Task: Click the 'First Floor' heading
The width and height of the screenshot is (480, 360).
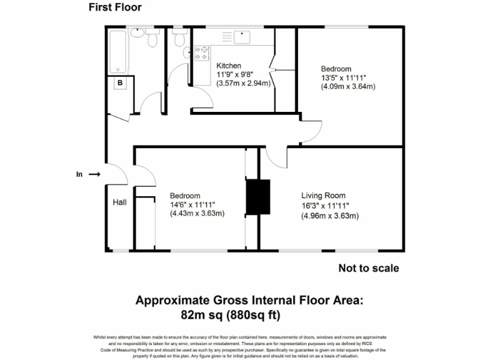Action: click(115, 7)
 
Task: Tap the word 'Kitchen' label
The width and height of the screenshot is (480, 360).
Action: click(229, 66)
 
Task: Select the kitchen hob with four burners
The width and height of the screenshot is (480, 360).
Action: click(202, 54)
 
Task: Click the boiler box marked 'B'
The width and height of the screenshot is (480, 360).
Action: click(120, 83)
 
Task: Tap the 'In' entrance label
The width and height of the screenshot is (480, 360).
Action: click(79, 175)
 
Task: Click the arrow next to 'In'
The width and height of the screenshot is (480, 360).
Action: click(94, 175)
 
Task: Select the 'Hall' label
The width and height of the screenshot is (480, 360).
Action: click(120, 202)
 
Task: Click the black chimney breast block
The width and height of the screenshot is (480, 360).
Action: click(257, 197)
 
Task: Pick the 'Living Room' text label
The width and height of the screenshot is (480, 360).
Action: click(323, 196)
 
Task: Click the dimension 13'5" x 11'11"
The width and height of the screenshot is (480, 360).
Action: click(343, 77)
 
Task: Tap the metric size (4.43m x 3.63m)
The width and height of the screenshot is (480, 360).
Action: click(197, 214)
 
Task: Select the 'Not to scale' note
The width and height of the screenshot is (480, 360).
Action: click(369, 268)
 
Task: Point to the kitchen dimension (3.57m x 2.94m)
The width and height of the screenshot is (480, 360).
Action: click(243, 84)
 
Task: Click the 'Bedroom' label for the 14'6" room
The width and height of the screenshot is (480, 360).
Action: click(185, 196)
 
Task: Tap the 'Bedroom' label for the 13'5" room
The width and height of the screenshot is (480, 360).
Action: click(336, 69)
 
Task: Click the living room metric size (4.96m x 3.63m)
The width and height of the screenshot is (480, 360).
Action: click(330, 216)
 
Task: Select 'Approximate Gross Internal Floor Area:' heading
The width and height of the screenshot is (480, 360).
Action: click(249, 300)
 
